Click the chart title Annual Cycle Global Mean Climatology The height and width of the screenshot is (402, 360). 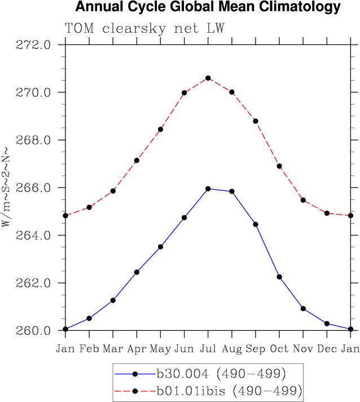(208, 7)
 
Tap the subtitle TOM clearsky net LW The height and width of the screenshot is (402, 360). (144, 28)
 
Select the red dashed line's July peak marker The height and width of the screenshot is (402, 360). (208, 78)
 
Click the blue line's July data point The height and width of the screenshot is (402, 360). (208, 189)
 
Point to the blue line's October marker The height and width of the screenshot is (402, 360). (279, 277)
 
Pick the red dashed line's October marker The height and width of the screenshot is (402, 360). (279, 166)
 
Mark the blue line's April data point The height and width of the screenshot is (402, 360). (137, 272)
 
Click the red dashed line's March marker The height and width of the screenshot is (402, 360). (113, 191)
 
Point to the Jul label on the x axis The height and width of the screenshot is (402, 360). (208, 348)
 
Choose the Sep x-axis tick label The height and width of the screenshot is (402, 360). (256, 349)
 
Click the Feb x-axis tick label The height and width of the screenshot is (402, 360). (89, 348)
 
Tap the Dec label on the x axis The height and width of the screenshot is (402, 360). (327, 348)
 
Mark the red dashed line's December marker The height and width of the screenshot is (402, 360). (327, 213)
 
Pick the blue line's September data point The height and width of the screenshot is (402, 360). (256, 224)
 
